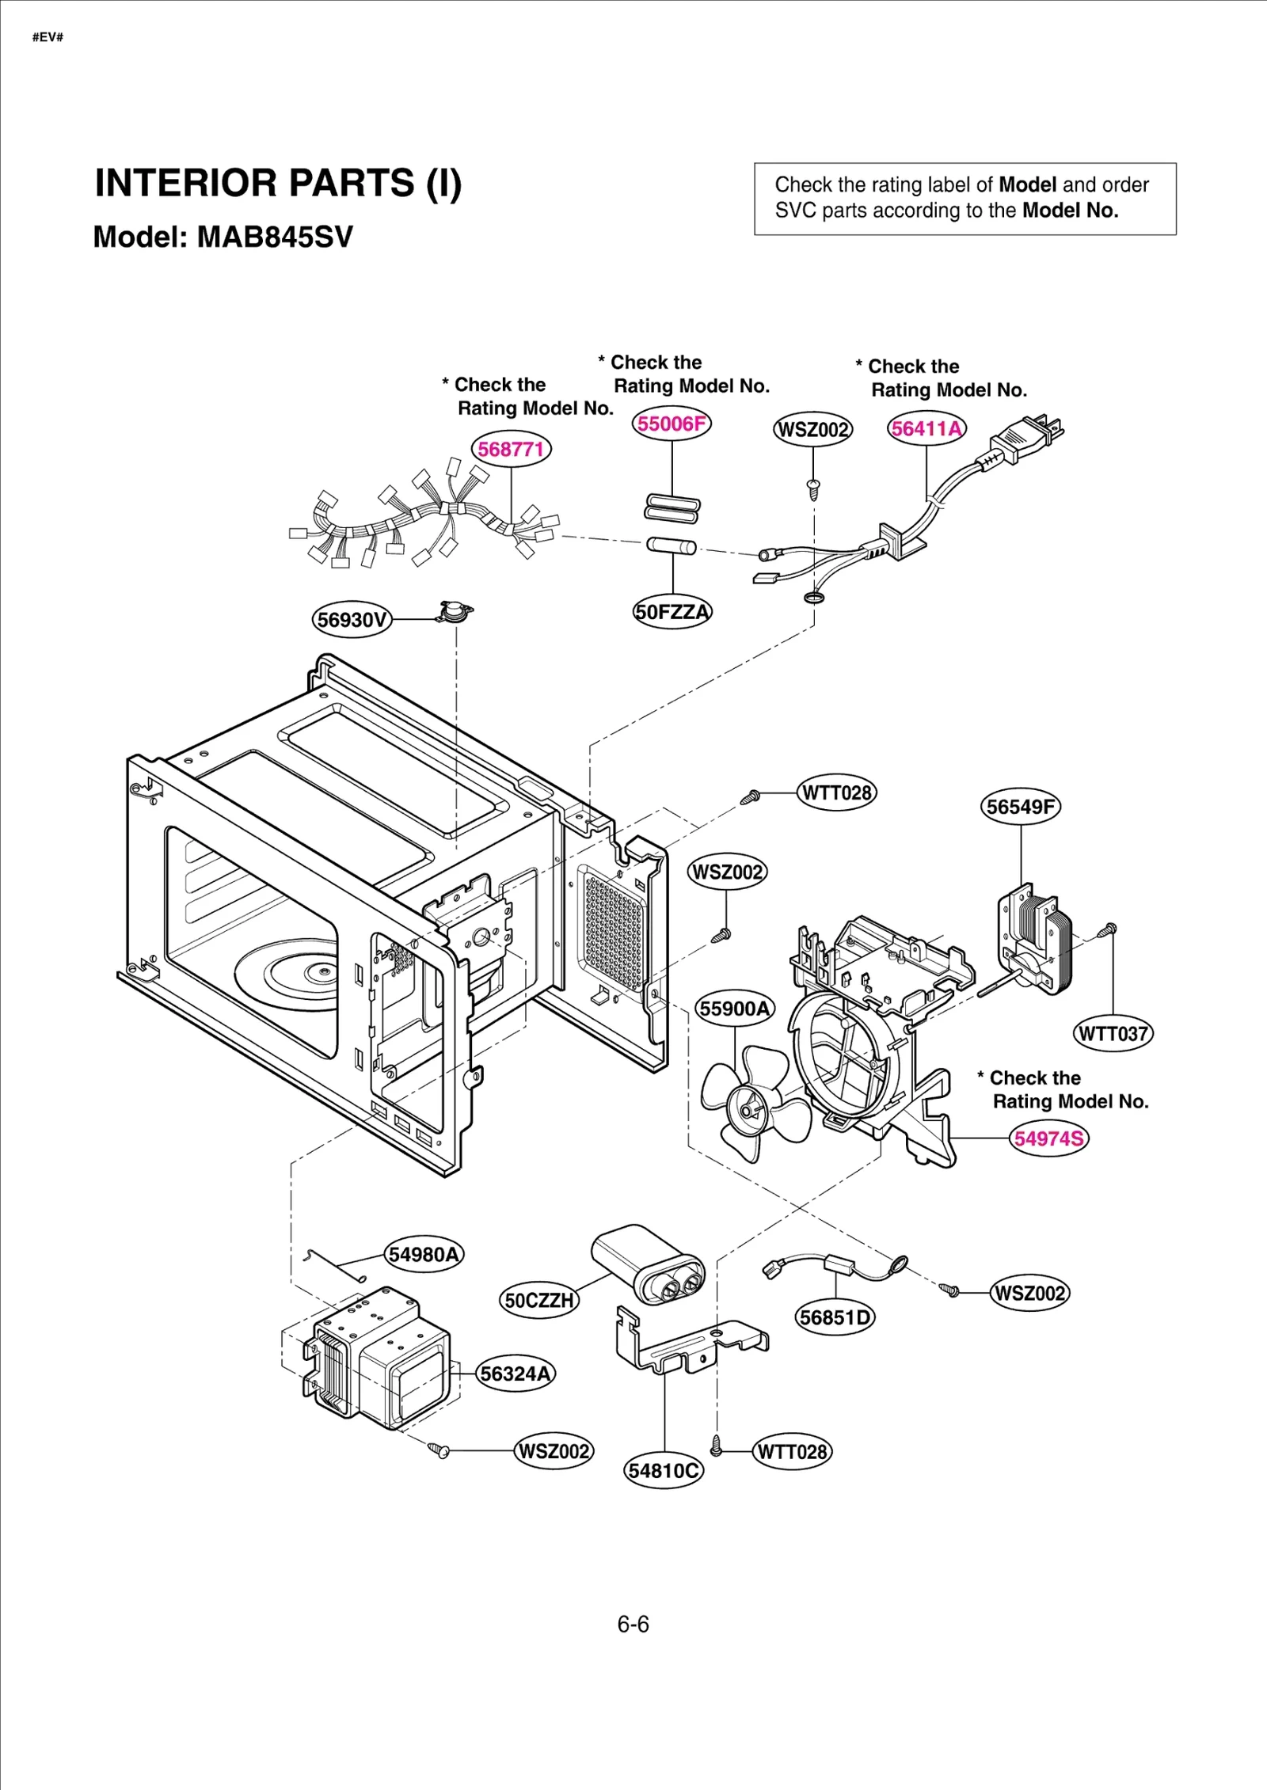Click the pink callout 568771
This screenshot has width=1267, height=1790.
click(x=511, y=450)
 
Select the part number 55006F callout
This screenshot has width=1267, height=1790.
click(x=672, y=424)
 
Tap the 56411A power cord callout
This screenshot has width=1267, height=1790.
click(x=926, y=429)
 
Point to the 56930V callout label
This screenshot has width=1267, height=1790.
click(x=352, y=620)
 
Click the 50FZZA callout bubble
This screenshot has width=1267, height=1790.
click(x=672, y=612)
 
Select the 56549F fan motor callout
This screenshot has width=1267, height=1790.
click(x=1021, y=807)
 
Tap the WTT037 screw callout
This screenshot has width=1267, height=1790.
click(x=1113, y=1034)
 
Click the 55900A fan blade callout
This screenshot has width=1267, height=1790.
click(x=735, y=1009)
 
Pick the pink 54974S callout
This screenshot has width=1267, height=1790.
click(x=1049, y=1138)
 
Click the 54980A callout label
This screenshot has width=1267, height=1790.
click(x=424, y=1255)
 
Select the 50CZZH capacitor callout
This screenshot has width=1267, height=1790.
click(x=539, y=1301)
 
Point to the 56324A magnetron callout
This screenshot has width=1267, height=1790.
click(x=516, y=1374)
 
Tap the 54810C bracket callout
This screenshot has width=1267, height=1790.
click(x=664, y=1471)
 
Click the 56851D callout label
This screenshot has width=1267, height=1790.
click(x=835, y=1318)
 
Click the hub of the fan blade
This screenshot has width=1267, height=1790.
click(x=747, y=1108)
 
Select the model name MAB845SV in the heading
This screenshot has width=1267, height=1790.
click(x=275, y=237)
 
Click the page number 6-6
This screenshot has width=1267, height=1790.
click(x=633, y=1625)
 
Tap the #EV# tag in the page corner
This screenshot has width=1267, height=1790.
click(x=48, y=37)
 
